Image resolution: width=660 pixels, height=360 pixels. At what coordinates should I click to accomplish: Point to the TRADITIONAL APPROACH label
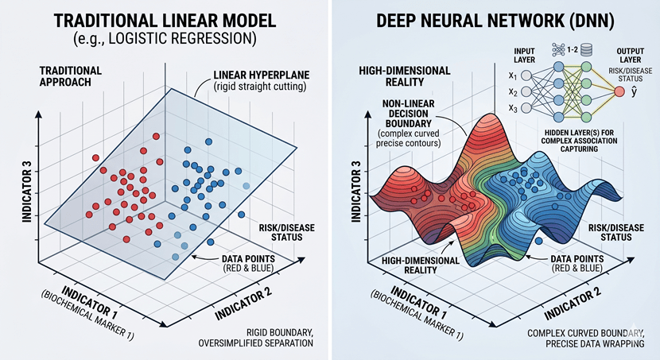[69, 76]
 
